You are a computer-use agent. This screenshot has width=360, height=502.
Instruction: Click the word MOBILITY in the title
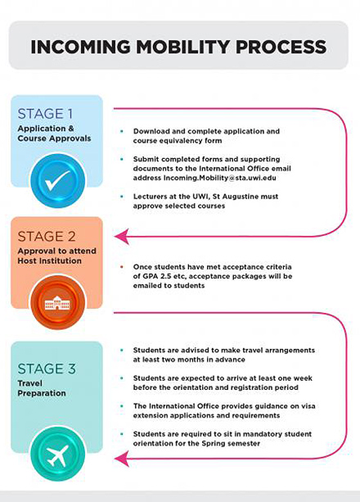(x=182, y=47)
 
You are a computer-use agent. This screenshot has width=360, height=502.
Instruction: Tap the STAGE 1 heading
(x=45, y=114)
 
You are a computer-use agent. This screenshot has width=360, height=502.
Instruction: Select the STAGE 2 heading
(x=47, y=237)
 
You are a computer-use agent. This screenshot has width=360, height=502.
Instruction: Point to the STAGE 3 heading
(x=47, y=369)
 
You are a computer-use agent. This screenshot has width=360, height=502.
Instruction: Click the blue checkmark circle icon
(x=58, y=180)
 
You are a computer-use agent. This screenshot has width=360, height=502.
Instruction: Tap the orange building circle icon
(x=58, y=302)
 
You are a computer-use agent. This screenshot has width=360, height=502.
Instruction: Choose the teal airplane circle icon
(x=58, y=454)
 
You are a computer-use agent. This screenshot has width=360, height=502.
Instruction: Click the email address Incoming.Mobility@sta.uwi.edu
(x=220, y=178)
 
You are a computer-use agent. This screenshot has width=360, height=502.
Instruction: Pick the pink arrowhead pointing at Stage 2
(x=122, y=237)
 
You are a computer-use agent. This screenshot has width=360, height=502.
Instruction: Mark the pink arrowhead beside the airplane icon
(x=122, y=459)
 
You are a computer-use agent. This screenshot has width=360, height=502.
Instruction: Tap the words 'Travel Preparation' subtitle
(x=42, y=388)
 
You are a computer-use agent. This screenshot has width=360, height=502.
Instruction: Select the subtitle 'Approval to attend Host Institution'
(x=57, y=256)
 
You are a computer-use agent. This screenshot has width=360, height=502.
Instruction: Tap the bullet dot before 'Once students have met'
(x=122, y=267)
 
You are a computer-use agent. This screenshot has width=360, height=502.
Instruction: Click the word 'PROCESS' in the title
(x=281, y=47)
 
